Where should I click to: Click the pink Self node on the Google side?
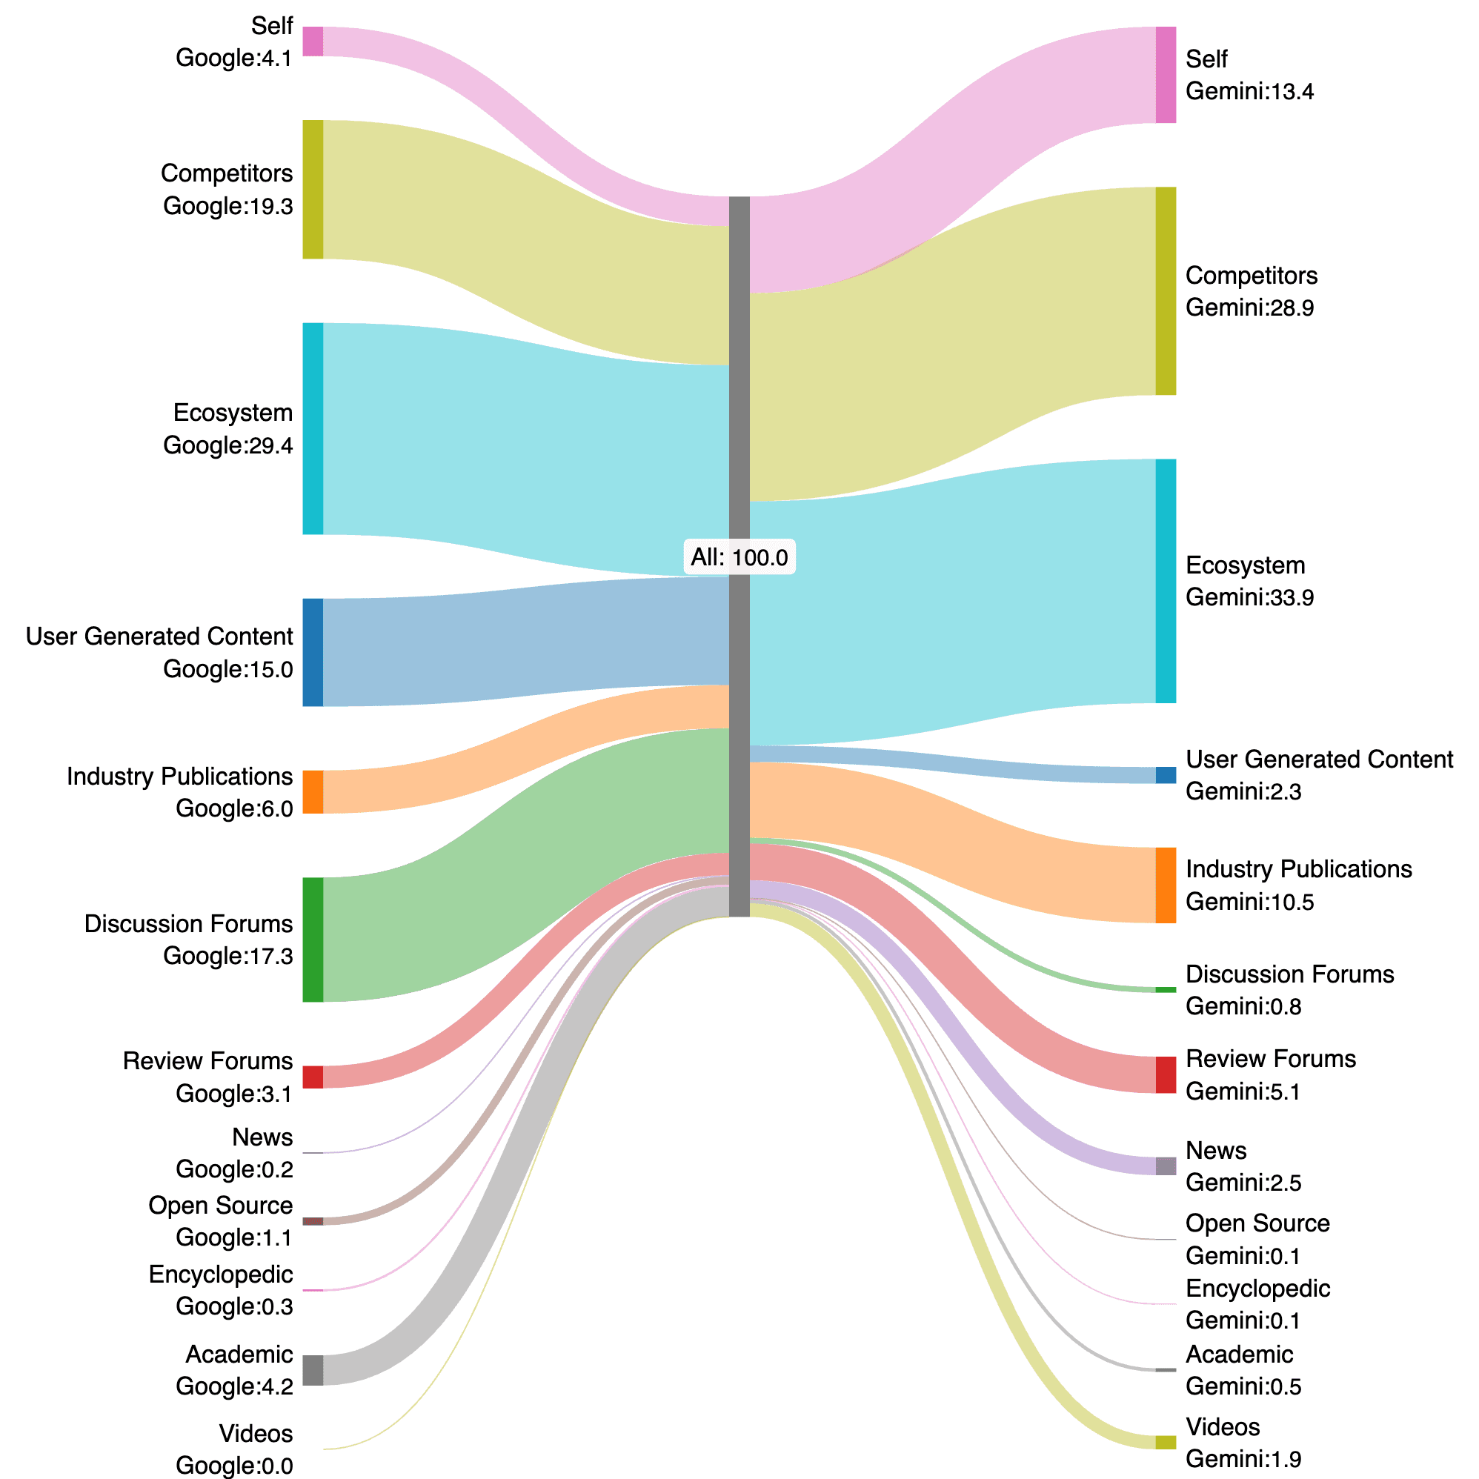coord(313,41)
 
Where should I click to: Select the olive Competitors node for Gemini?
coord(1165,291)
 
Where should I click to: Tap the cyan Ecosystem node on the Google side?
coord(313,429)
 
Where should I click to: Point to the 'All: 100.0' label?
coord(739,557)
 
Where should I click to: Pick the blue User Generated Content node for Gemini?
coord(1165,775)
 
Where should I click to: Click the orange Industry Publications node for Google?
coord(313,791)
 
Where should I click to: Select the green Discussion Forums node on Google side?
coord(313,940)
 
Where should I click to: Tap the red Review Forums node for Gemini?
coord(1165,1075)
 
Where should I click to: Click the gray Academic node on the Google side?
coord(313,1369)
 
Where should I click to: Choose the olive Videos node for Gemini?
coord(1165,1442)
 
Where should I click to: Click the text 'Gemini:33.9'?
coord(1249,597)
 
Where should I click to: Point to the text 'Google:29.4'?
coord(227,445)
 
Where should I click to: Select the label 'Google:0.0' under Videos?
coord(234,1465)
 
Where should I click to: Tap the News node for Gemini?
coord(1165,1166)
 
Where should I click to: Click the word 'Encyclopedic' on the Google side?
coord(221,1274)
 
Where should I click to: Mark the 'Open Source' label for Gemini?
coord(1257,1223)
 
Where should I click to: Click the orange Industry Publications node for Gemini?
coord(1165,885)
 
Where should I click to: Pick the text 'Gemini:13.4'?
coord(1249,92)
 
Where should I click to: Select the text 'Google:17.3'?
coord(227,955)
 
